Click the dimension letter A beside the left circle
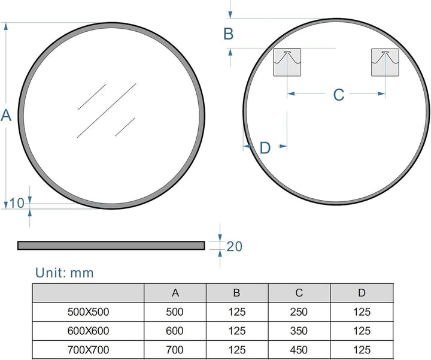pyautogui.click(x=6, y=115)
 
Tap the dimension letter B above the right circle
pyautogui.click(x=229, y=34)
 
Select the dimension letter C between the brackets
pyautogui.click(x=339, y=95)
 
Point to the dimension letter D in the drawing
pyautogui.click(x=265, y=148)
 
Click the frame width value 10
pyautogui.click(x=17, y=203)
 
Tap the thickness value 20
pyautogui.click(x=234, y=246)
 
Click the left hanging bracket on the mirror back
pyautogui.click(x=287, y=62)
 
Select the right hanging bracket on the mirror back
pyautogui.click(x=385, y=62)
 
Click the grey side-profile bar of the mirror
pyautogui.click(x=111, y=246)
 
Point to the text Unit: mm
pyautogui.click(x=65, y=273)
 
